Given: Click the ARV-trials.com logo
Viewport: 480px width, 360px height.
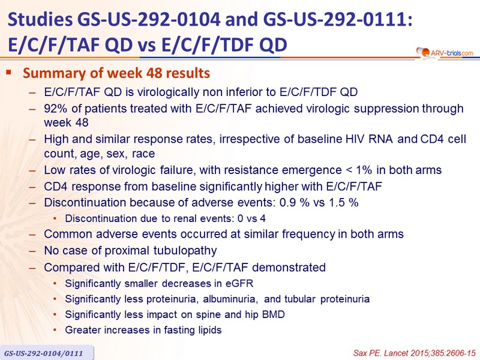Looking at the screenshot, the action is (445, 53).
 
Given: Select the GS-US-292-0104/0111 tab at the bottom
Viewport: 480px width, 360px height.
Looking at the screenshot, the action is (44, 353).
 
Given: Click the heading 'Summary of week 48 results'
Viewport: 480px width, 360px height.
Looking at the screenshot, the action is (116, 73).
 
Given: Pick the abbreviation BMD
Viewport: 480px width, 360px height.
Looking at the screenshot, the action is (274, 314).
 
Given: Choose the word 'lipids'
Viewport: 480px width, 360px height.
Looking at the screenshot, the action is (208, 330).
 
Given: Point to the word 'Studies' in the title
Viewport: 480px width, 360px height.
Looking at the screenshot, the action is (40, 19).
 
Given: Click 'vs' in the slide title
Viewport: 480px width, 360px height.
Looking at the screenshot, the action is (147, 45).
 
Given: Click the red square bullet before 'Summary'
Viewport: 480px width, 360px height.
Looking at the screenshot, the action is (8, 73).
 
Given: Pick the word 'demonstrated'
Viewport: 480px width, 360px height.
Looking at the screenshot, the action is (289, 267).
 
